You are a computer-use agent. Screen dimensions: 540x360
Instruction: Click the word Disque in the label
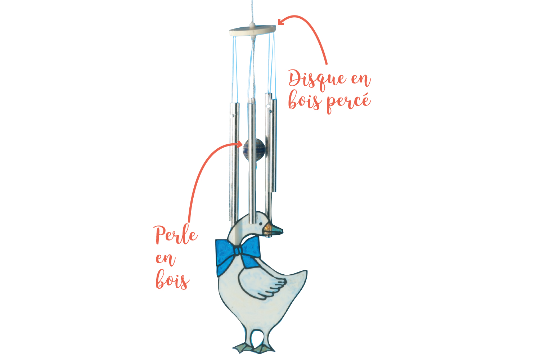point(317,80)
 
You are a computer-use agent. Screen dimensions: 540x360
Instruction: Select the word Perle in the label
point(175,235)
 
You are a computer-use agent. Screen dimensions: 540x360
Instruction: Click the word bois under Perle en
point(172,280)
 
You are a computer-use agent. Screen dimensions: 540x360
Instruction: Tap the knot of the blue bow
point(238,251)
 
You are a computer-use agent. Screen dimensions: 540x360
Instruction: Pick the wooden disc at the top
point(253,31)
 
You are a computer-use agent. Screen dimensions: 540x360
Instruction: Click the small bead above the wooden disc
point(252,24)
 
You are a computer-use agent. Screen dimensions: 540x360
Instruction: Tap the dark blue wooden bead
point(253,150)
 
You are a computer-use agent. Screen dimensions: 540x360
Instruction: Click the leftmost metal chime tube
point(234,162)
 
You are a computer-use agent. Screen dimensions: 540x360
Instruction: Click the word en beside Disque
point(361,80)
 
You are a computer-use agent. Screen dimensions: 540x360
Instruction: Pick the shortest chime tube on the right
point(274,145)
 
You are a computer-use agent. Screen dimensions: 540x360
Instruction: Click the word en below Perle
point(165,260)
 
